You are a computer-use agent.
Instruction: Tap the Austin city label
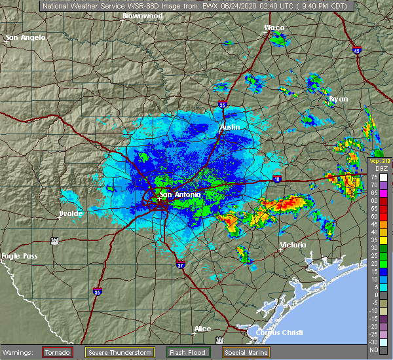click(230, 126)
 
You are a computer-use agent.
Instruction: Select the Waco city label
click(274, 27)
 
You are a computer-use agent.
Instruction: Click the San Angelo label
click(26, 37)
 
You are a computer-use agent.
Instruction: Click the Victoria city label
click(292, 245)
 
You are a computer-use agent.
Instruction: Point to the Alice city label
click(202, 329)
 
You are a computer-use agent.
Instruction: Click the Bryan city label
click(338, 99)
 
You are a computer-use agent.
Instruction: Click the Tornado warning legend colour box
click(57, 353)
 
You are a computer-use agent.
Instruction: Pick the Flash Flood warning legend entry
click(187, 353)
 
